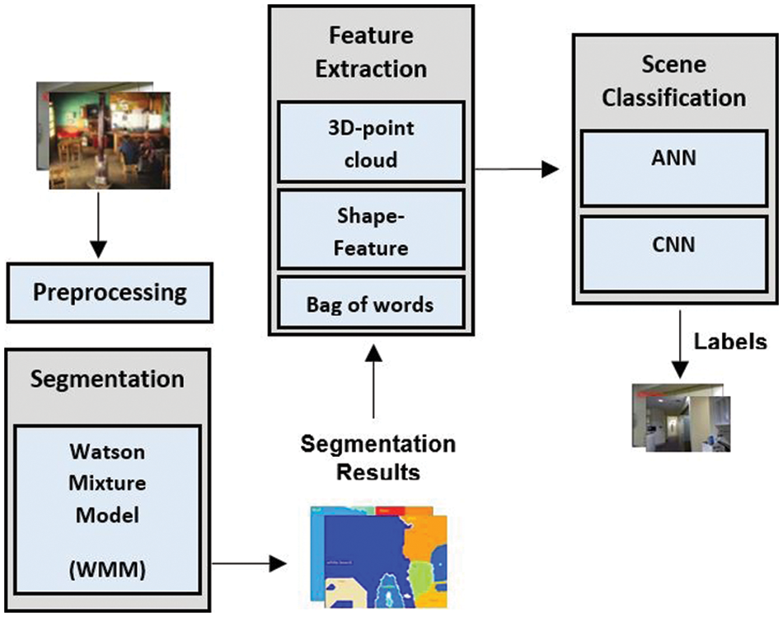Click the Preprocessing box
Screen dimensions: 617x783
pyautogui.click(x=110, y=293)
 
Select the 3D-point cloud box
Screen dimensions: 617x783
pyautogui.click(x=372, y=143)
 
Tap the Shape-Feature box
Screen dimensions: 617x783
pyautogui.click(x=372, y=230)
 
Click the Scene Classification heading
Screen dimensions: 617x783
pyautogui.click(x=673, y=82)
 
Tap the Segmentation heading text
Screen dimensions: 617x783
pyautogui.click(x=107, y=379)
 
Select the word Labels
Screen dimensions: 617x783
pyautogui.click(x=729, y=341)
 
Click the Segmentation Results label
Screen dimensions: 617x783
pyautogui.click(x=377, y=458)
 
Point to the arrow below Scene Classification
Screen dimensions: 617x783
pyautogui.click(x=678, y=342)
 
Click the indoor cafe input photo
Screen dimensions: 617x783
pyautogui.click(x=103, y=134)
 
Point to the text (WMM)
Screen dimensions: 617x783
pyautogui.click(x=107, y=570)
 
